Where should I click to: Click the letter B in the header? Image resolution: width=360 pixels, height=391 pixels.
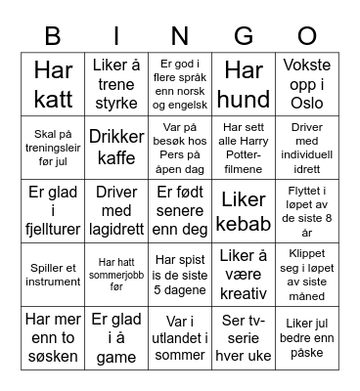(52, 37)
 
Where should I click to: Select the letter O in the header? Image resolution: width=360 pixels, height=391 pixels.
(307, 37)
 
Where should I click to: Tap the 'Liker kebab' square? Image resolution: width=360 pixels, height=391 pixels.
(244, 211)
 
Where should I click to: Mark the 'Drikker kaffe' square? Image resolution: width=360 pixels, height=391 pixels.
(116, 147)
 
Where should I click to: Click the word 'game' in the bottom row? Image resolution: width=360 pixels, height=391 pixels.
(116, 358)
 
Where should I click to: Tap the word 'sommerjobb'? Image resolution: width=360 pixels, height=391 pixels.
(115, 275)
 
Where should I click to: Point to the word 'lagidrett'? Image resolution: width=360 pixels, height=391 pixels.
(116, 224)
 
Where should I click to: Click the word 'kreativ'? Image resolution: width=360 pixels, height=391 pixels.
(244, 293)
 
